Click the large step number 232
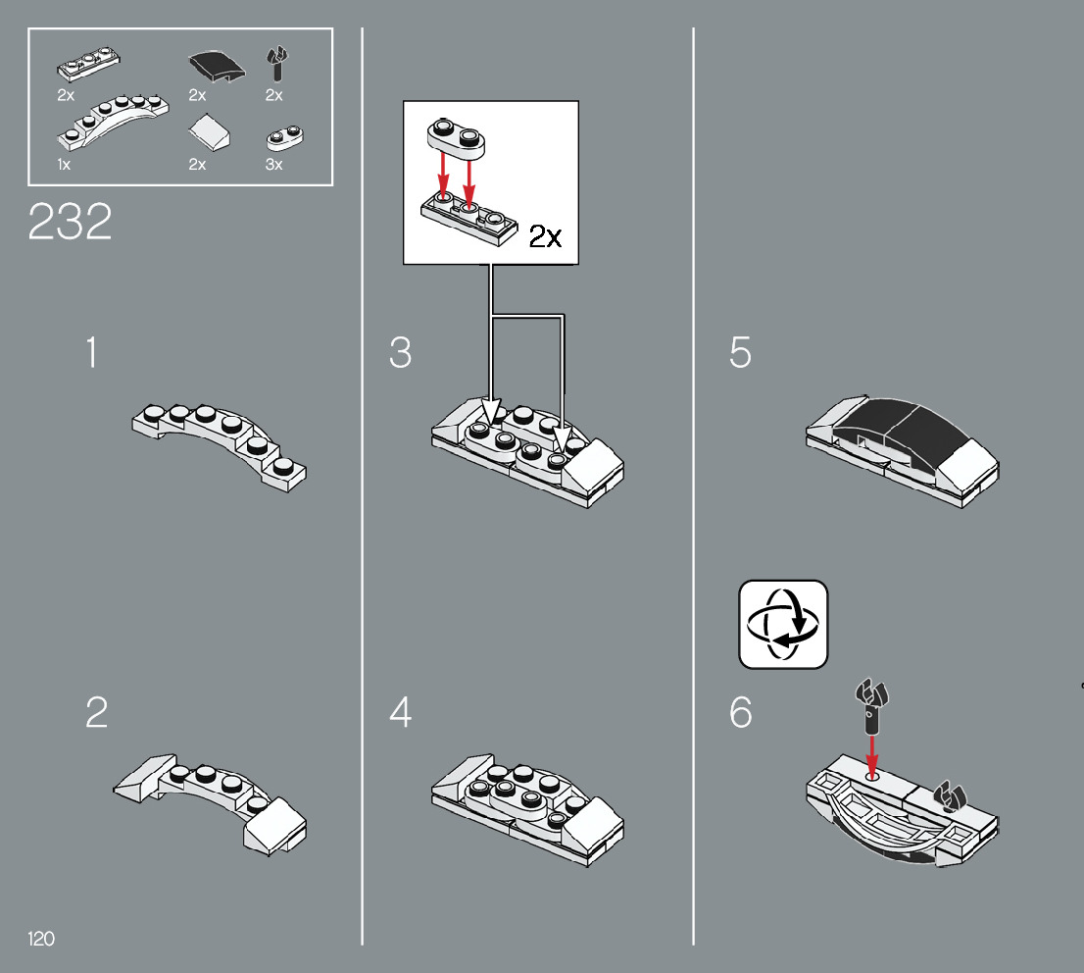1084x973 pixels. coord(70,222)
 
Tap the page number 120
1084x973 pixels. coord(41,939)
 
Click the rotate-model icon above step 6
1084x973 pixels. coord(783,624)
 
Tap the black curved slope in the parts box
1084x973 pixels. coord(217,67)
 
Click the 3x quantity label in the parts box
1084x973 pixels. coord(273,165)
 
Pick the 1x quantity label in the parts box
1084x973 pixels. coord(64,165)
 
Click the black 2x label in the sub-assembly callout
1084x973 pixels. coord(546,236)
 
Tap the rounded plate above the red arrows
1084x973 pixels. coord(456,135)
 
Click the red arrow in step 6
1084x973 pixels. coord(872,756)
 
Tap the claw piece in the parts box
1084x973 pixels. coord(277,64)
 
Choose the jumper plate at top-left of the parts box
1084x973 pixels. coord(88,65)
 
